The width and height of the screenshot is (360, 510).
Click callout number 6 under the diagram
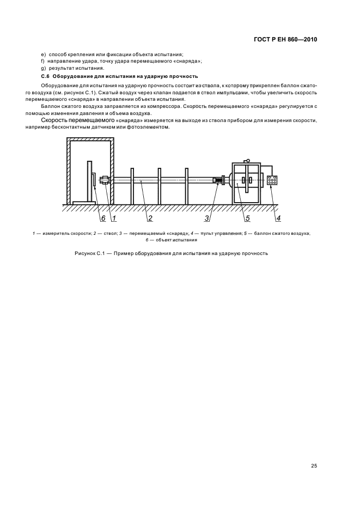click(x=102, y=218)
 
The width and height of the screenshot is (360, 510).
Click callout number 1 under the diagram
click(x=114, y=218)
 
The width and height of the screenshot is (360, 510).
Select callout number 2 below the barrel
click(x=149, y=218)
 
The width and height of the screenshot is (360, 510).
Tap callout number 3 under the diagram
click(x=207, y=218)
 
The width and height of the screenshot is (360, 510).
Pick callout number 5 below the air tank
click(x=247, y=218)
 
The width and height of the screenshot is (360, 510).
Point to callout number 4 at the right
click(x=278, y=218)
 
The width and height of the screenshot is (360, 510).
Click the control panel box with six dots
click(x=272, y=181)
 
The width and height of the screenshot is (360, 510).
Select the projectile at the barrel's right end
click(x=218, y=180)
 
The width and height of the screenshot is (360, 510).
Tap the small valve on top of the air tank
click(x=247, y=161)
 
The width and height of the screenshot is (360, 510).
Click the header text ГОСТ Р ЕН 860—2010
click(x=285, y=40)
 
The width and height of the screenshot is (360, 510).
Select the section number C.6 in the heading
click(x=45, y=76)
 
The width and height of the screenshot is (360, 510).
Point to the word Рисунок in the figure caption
click(x=86, y=254)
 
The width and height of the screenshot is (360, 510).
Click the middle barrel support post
click(x=159, y=186)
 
